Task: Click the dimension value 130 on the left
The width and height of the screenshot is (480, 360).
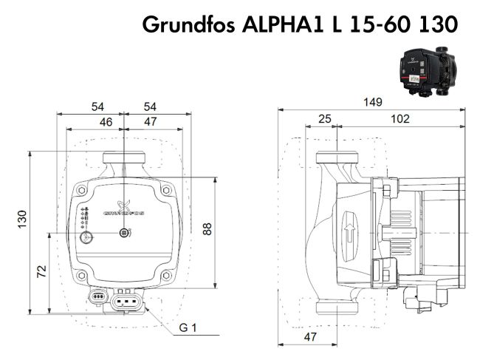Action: [x=23, y=220]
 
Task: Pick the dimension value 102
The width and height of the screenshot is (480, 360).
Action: [x=400, y=118]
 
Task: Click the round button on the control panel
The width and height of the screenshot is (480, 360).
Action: [x=88, y=239]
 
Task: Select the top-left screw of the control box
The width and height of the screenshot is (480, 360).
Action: [x=82, y=190]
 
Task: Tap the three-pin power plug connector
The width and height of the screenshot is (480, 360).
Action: [x=126, y=301]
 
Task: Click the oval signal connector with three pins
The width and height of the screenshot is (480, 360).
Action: [x=98, y=297]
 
